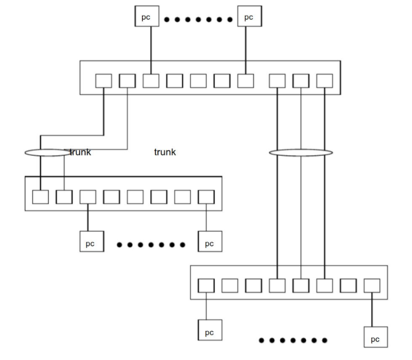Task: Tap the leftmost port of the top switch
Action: (104, 81)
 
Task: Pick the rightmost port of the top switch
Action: (324, 81)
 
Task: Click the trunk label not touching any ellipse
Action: (165, 152)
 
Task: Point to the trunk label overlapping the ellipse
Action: (80, 152)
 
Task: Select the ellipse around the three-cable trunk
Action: (301, 152)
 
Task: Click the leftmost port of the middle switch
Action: (40, 196)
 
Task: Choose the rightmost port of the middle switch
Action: (206, 196)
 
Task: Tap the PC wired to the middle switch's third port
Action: (90, 243)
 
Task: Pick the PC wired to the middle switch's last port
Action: (209, 243)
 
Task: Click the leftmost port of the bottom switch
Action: (206, 285)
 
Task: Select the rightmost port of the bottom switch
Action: (372, 285)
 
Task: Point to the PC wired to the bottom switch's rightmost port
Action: (375, 338)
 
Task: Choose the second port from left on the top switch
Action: (127, 81)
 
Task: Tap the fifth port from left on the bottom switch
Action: (301, 285)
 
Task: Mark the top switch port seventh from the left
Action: (245, 81)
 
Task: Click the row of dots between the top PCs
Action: (199, 20)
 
